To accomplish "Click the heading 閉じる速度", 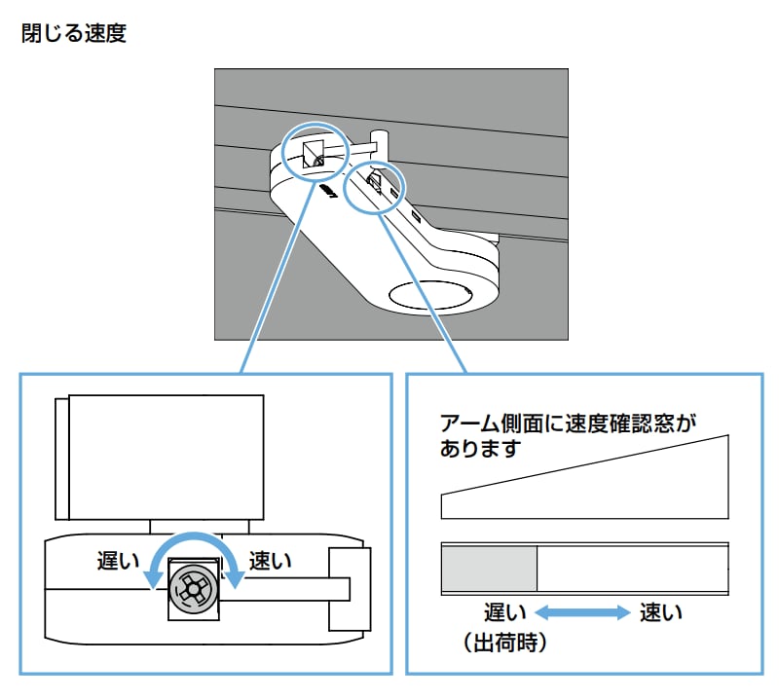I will [73, 35].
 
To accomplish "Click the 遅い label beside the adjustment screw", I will [118, 561].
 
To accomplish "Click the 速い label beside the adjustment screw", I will [271, 561].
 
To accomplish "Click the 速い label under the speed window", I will [661, 612].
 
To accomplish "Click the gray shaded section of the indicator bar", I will [489, 570].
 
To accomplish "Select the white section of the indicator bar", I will [633, 570].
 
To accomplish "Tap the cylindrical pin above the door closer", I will [382, 139].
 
